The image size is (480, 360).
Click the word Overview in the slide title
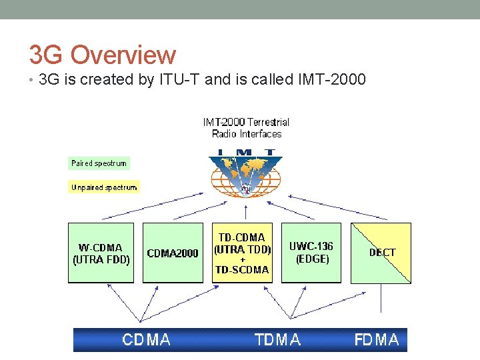[x=123, y=55]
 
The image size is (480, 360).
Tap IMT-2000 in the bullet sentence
[x=329, y=81]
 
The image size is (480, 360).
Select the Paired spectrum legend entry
[x=98, y=163]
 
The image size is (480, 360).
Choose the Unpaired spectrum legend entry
[x=103, y=187]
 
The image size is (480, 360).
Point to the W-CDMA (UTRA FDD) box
[x=101, y=253]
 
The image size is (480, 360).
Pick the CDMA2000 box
[x=173, y=253]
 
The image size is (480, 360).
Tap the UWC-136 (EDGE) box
[x=311, y=253]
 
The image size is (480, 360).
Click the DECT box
[x=381, y=253]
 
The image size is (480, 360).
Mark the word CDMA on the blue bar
[x=146, y=340]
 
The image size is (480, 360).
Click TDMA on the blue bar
[x=277, y=340]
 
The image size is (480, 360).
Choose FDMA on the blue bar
[x=377, y=340]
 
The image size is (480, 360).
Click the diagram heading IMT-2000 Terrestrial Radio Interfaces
[x=246, y=127]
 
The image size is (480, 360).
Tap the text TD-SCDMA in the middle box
[x=242, y=270]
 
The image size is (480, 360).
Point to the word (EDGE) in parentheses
[x=312, y=259]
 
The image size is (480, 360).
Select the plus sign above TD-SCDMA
[x=242, y=260]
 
